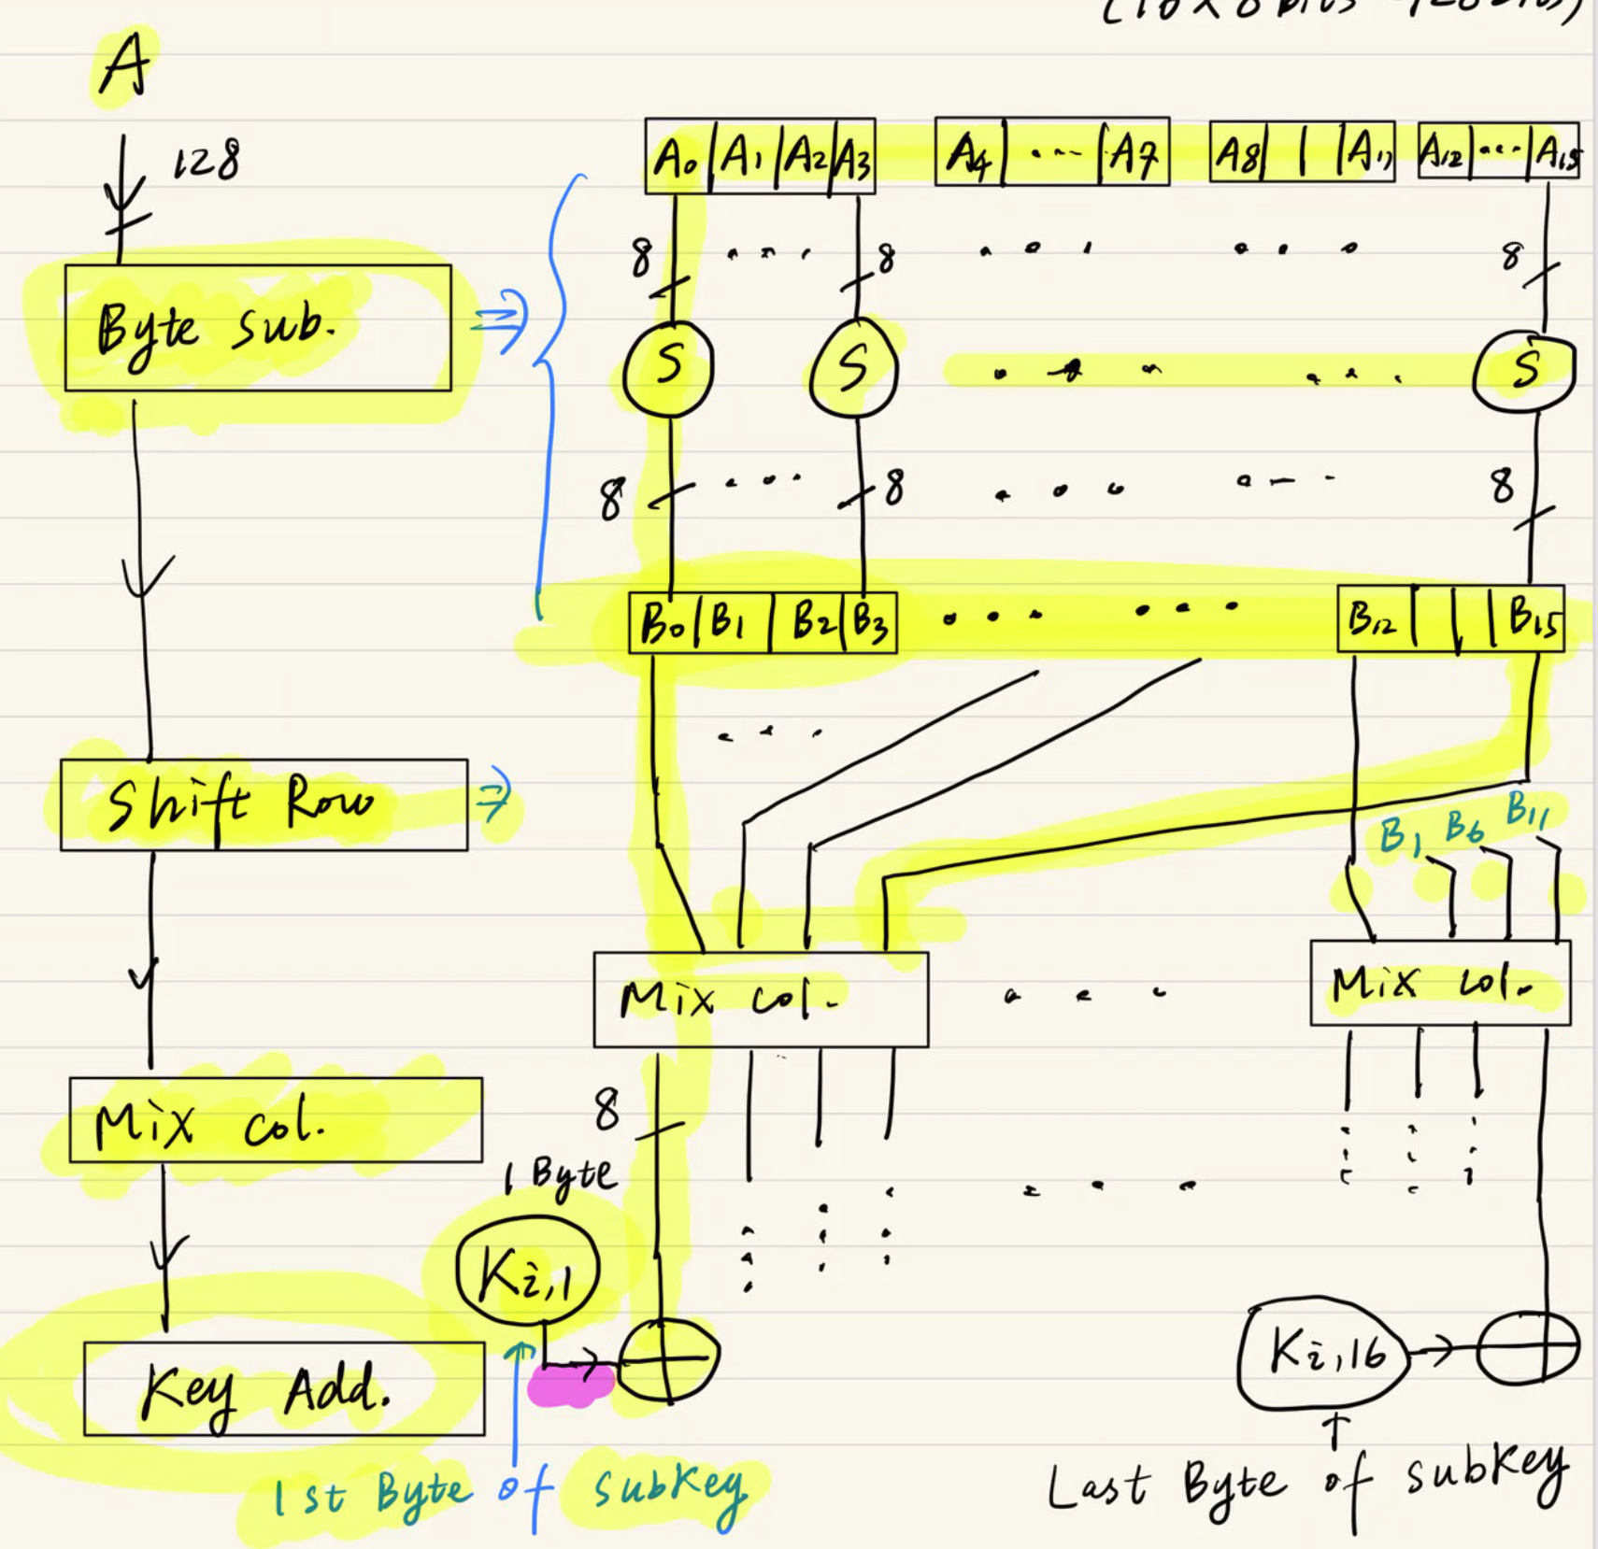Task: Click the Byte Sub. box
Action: [257, 328]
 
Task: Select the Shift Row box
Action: [264, 804]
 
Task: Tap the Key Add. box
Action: [284, 1388]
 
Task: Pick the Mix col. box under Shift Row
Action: [276, 1120]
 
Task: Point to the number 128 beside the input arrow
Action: [207, 161]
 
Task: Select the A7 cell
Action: [1133, 153]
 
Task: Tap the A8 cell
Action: [1235, 153]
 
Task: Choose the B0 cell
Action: [662, 622]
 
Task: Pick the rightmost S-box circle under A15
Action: [1524, 369]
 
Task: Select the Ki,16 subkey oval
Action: [1323, 1353]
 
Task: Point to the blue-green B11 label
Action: [1526, 809]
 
